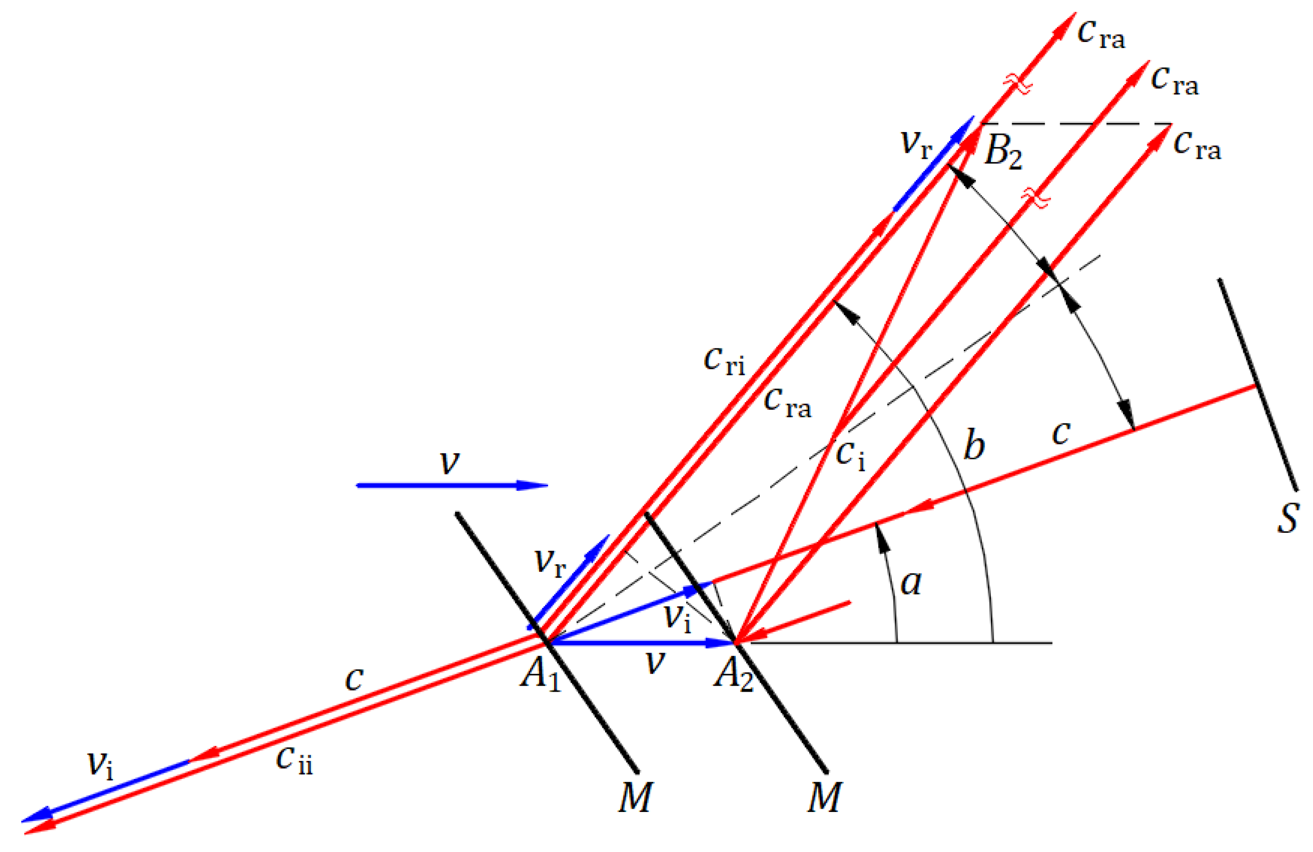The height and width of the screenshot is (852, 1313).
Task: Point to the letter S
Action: pos(1288,518)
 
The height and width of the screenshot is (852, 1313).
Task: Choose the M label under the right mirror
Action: pos(825,797)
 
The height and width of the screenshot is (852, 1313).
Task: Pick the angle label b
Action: pos(974,444)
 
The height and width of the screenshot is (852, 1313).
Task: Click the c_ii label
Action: pos(294,760)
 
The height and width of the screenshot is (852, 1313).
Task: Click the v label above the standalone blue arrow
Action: pos(449,462)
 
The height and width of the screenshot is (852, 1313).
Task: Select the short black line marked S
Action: pos(1258,385)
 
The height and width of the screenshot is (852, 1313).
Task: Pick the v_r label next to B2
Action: pos(916,144)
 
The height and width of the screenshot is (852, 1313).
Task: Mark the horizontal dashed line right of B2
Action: pos(1076,124)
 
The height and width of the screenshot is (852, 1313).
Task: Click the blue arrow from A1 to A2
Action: pos(640,643)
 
